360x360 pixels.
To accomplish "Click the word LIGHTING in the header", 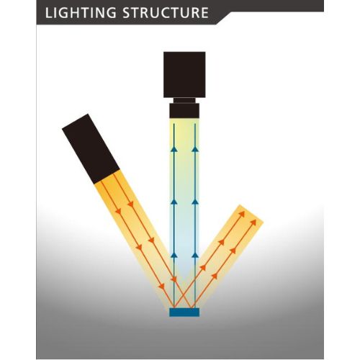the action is coord(81,13).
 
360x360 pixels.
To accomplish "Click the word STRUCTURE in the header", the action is coord(166,13).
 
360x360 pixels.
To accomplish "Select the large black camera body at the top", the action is coord(184,75).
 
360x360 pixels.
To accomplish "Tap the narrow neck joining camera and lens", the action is coord(184,101).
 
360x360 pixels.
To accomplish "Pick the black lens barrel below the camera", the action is coord(184,111).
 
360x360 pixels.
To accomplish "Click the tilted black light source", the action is coord(91,149).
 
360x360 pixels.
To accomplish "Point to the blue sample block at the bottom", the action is coord(184,312).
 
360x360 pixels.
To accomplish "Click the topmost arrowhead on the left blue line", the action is coord(174,149).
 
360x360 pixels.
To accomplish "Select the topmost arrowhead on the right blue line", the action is coord(195,149).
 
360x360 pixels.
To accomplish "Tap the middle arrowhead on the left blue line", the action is coord(174,202).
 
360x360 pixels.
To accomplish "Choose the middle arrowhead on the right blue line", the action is coord(195,202).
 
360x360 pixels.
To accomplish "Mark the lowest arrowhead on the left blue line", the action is coord(174,255).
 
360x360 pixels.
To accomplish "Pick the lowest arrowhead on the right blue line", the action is coord(195,255).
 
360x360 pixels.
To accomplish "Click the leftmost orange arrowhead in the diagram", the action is coord(118,211).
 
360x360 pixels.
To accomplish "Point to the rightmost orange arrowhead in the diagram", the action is coord(253,222).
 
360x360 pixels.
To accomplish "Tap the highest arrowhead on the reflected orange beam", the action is coord(242,214).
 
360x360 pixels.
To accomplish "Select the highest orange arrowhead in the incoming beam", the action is coord(130,204).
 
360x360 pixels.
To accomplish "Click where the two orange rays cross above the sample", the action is coord(184,297).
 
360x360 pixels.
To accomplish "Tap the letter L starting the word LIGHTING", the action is coord(48,13).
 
